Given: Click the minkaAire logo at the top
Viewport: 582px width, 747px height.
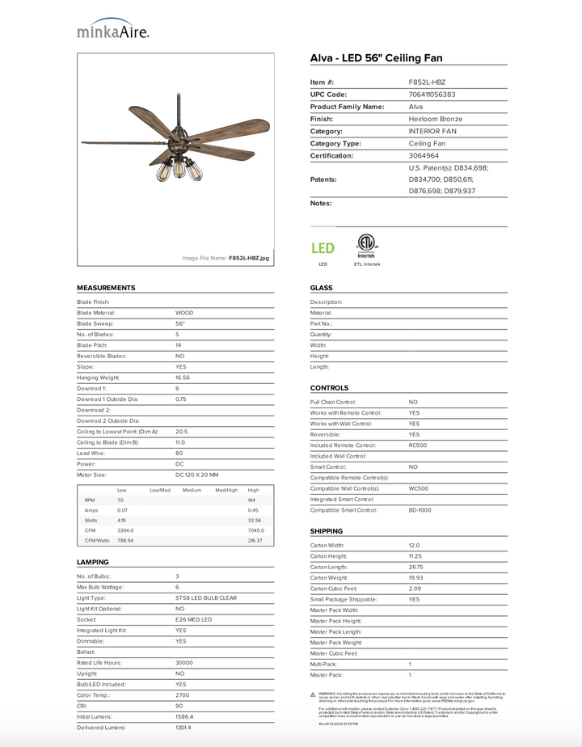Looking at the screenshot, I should [113, 30].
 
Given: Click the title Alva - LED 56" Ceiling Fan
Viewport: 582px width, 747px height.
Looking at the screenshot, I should [376, 58].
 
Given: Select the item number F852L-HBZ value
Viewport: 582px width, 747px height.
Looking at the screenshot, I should [427, 82].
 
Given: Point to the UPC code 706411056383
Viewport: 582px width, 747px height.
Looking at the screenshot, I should [432, 95].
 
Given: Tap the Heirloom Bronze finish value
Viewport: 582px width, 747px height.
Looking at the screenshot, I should [436, 119].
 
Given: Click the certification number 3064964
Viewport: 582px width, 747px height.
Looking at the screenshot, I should [424, 155].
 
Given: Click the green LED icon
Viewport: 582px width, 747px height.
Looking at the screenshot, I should [323, 248].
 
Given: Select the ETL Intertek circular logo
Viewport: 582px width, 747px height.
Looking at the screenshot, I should [366, 244].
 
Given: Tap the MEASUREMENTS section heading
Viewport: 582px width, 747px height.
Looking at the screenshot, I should [106, 288].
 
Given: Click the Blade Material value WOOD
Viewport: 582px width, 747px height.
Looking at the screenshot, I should [184, 313].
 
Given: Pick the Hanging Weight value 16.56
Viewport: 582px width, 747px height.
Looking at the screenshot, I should [183, 378].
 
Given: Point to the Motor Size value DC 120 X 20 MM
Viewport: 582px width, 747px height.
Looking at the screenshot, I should [196, 475].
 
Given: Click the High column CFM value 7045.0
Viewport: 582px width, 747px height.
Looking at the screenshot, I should [255, 530].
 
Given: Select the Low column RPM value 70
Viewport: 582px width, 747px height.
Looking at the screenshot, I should [120, 501].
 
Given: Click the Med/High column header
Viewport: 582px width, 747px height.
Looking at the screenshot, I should [226, 490].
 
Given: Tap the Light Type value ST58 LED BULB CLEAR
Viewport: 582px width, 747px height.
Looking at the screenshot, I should [205, 597].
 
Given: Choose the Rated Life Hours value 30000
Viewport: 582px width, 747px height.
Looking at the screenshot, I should [185, 662].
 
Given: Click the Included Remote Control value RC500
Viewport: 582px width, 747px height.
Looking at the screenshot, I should [418, 445].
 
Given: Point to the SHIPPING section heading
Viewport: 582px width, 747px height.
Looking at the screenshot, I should [327, 531].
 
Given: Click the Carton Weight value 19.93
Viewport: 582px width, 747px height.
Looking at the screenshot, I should [415, 578].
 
